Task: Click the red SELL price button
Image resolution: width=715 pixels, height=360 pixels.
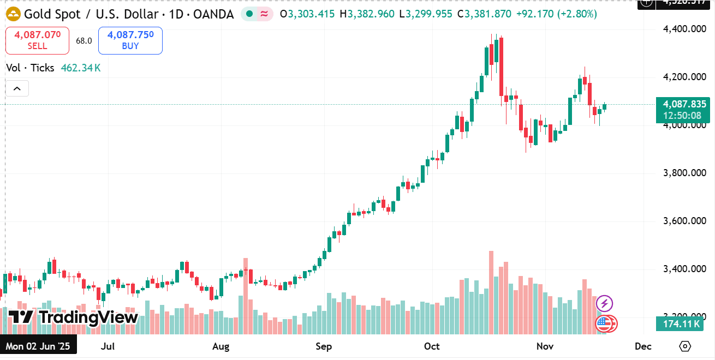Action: (x=37, y=40)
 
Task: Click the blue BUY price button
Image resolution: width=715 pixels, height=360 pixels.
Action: (x=130, y=40)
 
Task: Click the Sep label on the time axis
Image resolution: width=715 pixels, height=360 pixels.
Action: (x=324, y=346)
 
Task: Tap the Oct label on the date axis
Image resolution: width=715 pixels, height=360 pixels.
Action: (x=432, y=346)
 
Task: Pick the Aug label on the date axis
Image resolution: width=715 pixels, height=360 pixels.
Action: (x=221, y=346)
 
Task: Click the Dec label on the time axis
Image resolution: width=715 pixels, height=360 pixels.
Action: (x=643, y=346)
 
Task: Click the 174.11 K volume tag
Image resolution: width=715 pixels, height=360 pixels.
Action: (x=679, y=325)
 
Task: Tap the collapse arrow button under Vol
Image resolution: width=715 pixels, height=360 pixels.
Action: (x=17, y=88)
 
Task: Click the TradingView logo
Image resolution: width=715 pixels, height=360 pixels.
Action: (x=73, y=317)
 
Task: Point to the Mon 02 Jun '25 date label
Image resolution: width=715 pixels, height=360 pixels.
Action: (x=38, y=346)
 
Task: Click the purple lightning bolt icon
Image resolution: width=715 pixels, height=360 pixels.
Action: (x=604, y=303)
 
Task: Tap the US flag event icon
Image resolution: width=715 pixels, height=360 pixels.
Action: (x=604, y=323)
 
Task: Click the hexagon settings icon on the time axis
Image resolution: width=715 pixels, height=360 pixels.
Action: (x=686, y=346)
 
